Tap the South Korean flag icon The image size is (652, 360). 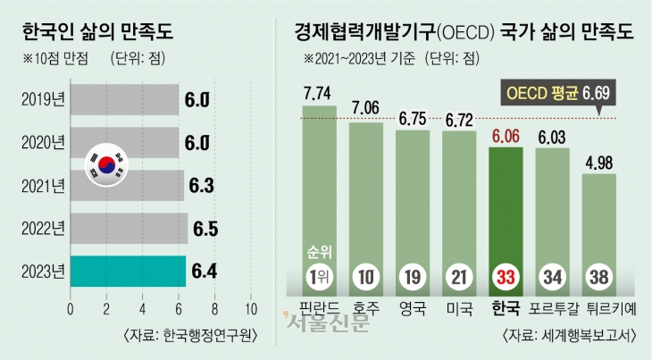click(x=107, y=163)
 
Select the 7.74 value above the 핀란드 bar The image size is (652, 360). click(x=319, y=92)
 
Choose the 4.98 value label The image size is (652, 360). click(x=598, y=162)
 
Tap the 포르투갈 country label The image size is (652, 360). click(x=553, y=312)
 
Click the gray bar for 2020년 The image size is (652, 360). click(x=124, y=142)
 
